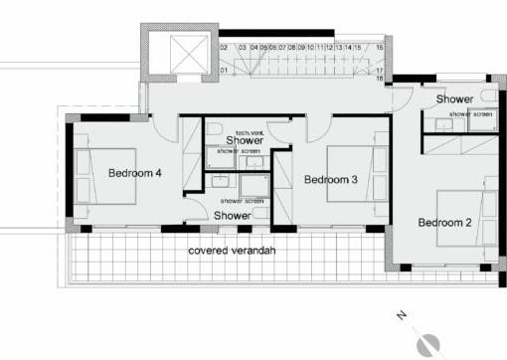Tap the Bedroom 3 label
click(330, 179)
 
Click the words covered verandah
click(232, 250)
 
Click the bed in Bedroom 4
click(103, 174)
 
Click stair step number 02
click(224, 47)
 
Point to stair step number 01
click(224, 71)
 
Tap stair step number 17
click(380, 71)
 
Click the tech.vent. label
click(249, 132)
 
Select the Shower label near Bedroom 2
click(453, 99)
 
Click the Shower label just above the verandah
click(232, 215)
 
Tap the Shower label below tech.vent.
click(244, 141)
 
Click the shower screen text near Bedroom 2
click(470, 114)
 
